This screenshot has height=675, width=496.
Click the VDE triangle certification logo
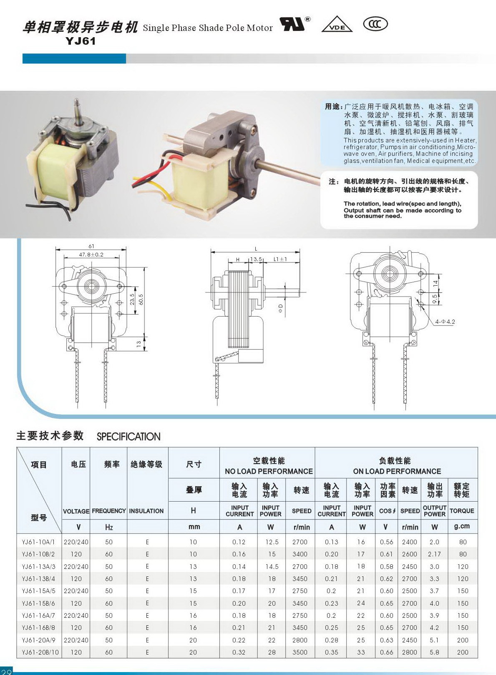coord(337,24)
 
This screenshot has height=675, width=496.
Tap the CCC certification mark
coord(375,24)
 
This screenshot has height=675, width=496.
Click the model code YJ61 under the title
coord(81,41)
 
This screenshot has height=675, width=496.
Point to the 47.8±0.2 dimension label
coord(91,255)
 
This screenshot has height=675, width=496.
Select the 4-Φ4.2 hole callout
coord(445,322)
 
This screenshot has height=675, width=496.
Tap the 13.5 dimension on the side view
coord(256,259)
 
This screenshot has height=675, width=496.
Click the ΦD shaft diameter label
coord(281,308)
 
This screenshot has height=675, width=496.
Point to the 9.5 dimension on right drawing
coord(435,299)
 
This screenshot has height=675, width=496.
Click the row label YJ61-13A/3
coord(38,566)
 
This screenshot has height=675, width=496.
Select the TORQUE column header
coord(462,511)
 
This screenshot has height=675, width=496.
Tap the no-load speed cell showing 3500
coord(300,652)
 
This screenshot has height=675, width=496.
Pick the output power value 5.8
coord(434,652)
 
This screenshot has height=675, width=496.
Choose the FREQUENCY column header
coord(108,511)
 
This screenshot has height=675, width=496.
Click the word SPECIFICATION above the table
coord(128,436)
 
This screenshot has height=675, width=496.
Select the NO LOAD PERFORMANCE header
coord(269,471)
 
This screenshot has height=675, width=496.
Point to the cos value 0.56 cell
coord(386,542)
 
